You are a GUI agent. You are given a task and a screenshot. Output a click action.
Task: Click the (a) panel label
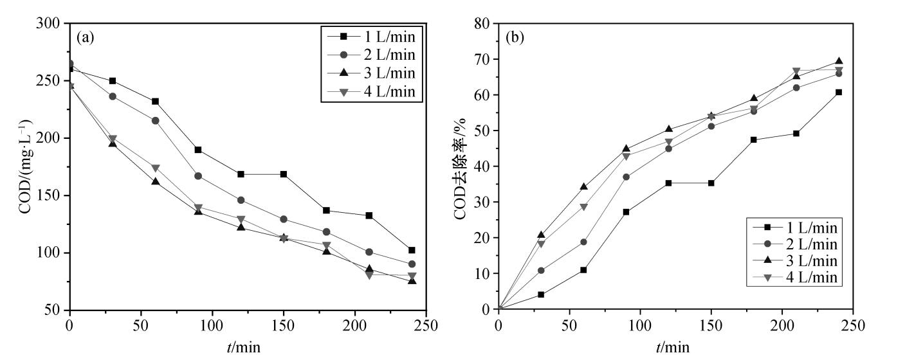pos(86,37)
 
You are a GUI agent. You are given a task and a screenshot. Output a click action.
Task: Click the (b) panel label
pos(515,37)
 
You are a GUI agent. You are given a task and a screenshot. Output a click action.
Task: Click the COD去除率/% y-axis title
pos(461,167)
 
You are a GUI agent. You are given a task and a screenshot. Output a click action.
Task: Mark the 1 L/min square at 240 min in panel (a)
pos(412,250)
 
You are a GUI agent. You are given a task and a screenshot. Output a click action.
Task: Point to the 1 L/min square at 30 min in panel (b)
pos(541,294)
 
